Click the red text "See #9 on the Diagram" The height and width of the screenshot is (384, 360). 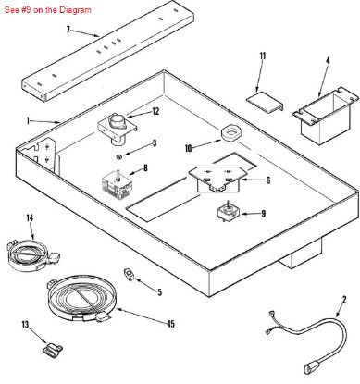pyautogui.click(x=47, y=8)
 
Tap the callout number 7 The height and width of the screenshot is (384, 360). pyautogui.click(x=68, y=30)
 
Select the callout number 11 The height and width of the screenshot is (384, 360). pyautogui.click(x=262, y=57)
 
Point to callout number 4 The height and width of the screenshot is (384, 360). pyautogui.click(x=327, y=62)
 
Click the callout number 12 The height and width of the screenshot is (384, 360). pyautogui.click(x=155, y=112)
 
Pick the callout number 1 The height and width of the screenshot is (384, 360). pyautogui.click(x=29, y=120)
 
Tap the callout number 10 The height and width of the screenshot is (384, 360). pyautogui.click(x=189, y=147)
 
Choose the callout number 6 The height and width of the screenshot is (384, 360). pyautogui.click(x=267, y=180)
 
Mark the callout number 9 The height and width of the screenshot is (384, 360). pyautogui.click(x=262, y=214)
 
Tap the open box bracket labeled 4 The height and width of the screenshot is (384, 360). pyautogui.click(x=313, y=114)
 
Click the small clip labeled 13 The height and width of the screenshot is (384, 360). pyautogui.click(x=51, y=349)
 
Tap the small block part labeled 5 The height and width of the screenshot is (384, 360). pyautogui.click(x=130, y=275)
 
